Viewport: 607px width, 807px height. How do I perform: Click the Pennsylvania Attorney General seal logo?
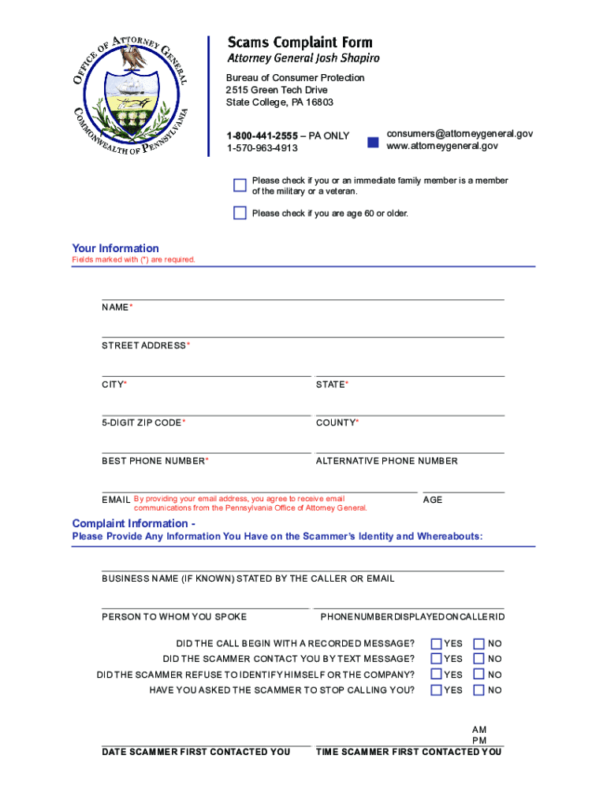tap(131, 95)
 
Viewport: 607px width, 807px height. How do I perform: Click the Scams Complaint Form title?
tap(300, 42)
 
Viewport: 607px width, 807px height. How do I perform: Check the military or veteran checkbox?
tap(240, 185)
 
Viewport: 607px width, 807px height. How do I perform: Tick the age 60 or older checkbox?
tap(240, 213)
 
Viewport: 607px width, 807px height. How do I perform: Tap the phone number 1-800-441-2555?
tap(263, 136)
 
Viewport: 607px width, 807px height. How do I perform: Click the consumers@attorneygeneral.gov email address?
tap(460, 134)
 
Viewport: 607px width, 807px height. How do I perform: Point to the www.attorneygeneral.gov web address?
tap(442, 146)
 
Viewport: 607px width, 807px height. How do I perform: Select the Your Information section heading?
tap(115, 248)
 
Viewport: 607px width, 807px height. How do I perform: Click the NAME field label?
tap(115, 307)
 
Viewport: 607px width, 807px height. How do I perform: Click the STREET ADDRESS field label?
tap(143, 346)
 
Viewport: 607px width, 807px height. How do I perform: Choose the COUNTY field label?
tap(336, 423)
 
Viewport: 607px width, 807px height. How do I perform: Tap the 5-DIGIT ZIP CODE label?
tap(142, 423)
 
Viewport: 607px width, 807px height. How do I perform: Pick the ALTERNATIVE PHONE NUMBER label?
tap(386, 461)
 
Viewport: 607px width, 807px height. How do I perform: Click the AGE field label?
tap(433, 500)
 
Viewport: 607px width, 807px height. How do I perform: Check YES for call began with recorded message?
tap(436, 643)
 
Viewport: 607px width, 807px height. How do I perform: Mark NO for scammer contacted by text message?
tap(479, 659)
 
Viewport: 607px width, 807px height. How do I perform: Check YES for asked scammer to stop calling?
tap(436, 690)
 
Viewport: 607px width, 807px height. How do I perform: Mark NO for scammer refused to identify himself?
tap(479, 675)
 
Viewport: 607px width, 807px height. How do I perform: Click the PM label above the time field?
tap(479, 741)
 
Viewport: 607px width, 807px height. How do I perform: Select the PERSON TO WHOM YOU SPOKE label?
tap(174, 617)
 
